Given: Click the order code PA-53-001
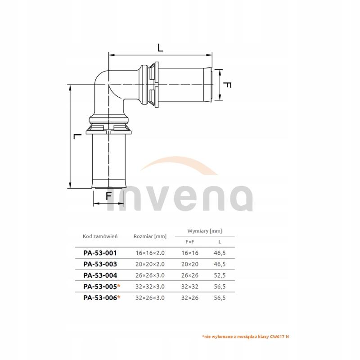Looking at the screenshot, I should pos(100,253).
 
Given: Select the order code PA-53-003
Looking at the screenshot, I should pos(100,264).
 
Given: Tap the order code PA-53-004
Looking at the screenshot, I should pos(100,275).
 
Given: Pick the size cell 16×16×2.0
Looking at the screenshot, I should pos(150,253).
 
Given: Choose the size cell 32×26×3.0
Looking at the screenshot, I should pos(150,297).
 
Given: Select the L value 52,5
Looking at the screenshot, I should pos(220,275).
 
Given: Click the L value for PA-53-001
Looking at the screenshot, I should pos(220,253).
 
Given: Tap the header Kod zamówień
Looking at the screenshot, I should pos(100,236).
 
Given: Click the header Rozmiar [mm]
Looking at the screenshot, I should pos(150,236).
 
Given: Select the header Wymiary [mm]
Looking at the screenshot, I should pos(205,231).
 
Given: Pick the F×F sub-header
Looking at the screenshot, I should pos(190,242).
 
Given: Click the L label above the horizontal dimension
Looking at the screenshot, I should pos(161,47).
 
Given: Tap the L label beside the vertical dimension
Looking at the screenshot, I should pos(77,136).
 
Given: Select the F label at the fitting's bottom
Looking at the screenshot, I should pos(108,196).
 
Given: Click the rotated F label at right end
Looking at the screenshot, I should pos(228,85).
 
